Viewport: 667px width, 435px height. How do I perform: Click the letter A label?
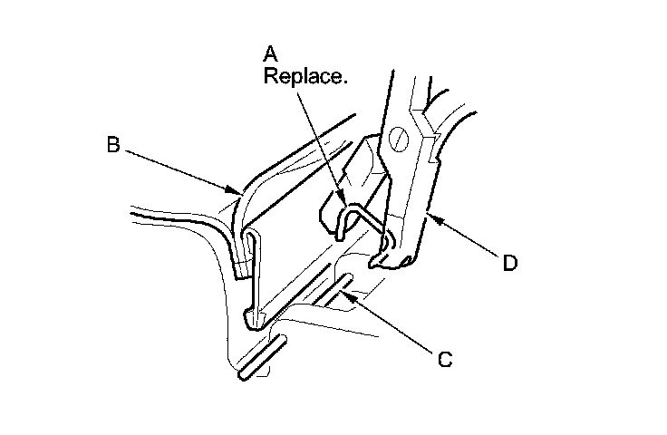click(270, 53)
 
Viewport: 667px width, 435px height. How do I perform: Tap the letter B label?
click(113, 146)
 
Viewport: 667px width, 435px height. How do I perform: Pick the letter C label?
click(444, 359)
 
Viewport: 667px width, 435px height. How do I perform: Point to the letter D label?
click(510, 264)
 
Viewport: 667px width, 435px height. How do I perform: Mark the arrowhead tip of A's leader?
click(345, 202)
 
